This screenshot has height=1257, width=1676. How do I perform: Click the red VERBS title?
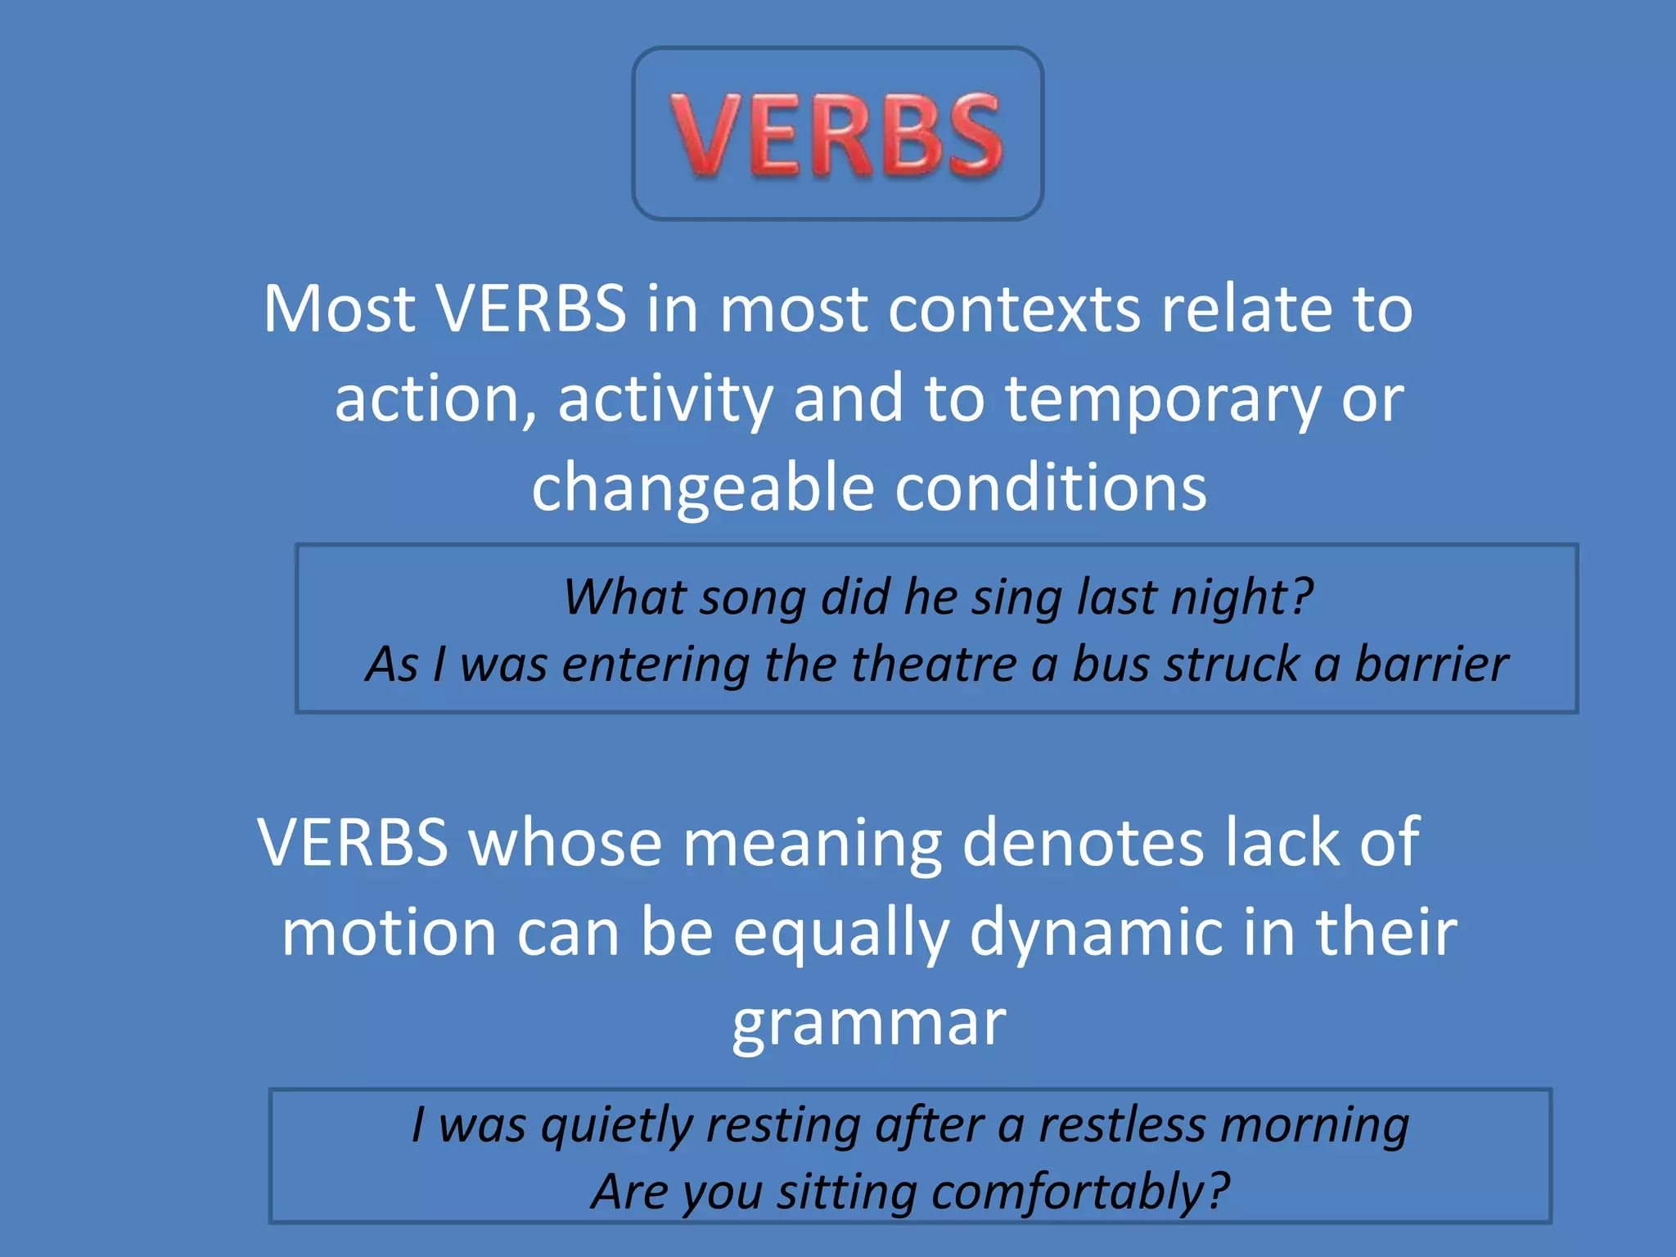click(x=837, y=135)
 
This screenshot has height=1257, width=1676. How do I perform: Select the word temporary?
click(x=1162, y=399)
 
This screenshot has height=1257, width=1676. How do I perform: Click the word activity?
click(x=665, y=399)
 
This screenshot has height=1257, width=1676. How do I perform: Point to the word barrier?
click(x=1431, y=664)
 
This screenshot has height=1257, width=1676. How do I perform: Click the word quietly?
click(x=617, y=1126)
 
